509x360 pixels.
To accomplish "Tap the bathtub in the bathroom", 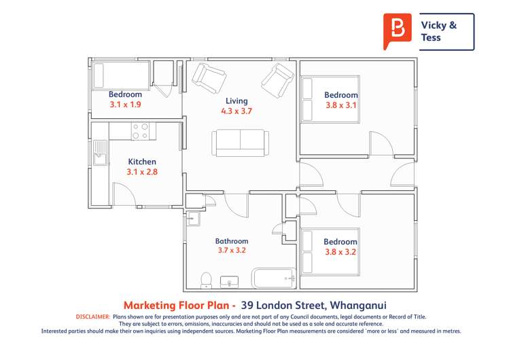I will click(273, 278).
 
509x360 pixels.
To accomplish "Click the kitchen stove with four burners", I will click(141, 130).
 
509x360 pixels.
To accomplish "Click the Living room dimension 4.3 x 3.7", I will click(236, 111).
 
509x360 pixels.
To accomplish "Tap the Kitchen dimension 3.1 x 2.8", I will click(142, 173).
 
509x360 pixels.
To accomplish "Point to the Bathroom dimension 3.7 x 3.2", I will click(232, 251).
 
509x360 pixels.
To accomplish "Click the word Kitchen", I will click(142, 162).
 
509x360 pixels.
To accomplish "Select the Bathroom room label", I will click(232, 240).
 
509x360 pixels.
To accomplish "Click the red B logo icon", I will click(397, 31).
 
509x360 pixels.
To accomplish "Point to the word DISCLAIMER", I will click(92, 317).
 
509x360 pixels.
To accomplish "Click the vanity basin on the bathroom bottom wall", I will click(231, 282).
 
